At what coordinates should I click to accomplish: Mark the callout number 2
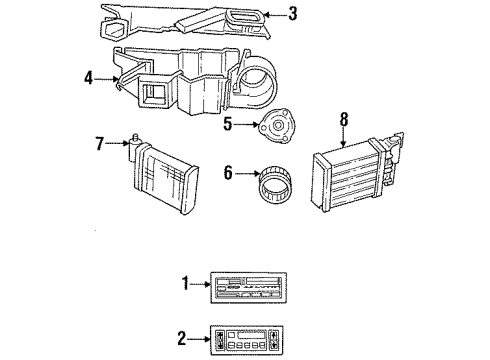click(181, 336)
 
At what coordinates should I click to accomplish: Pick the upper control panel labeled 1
click(246, 284)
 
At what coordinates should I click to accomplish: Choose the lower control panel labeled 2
click(244, 337)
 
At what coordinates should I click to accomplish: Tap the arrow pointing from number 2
click(195, 336)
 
